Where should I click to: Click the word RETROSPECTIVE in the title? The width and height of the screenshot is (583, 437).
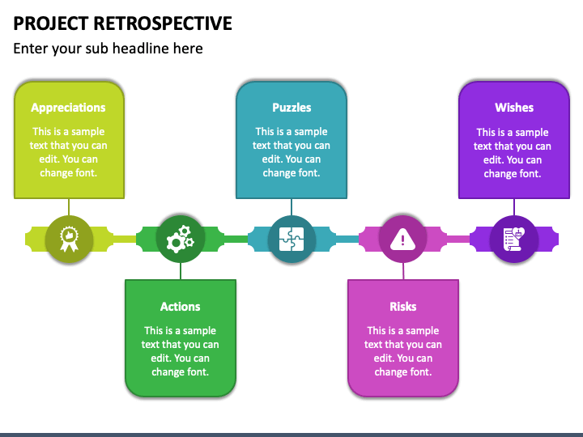coord(163,23)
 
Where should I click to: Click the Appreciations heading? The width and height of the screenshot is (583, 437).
coord(68,108)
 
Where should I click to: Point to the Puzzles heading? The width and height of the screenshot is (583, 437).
coord(291,108)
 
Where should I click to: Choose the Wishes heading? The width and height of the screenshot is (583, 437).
coord(514,108)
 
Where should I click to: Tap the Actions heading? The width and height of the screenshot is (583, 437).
coord(181,307)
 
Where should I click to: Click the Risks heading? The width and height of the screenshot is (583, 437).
coord(403,307)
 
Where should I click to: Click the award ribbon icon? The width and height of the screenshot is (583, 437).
coord(69,240)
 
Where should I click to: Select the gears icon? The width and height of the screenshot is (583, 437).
coord(181,240)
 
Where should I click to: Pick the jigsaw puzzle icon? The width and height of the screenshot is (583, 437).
coord(291,240)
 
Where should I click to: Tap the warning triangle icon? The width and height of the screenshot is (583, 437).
coord(402,240)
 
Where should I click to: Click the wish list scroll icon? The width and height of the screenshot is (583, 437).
coord(514,240)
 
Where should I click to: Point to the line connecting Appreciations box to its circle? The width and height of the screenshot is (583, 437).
coord(69,207)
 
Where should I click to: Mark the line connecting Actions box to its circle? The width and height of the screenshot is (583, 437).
coord(181,271)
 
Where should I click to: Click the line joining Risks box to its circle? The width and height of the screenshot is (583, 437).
coord(403,271)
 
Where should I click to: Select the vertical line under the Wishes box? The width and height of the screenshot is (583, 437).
coord(514,207)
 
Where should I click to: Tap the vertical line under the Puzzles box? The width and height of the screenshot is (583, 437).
coord(291,207)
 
